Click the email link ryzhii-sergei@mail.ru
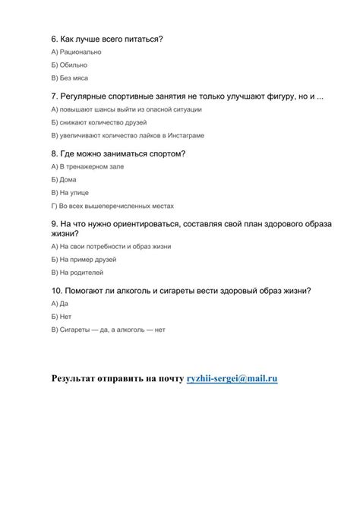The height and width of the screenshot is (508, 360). tap(232, 377)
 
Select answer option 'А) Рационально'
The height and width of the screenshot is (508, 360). tap(76, 52)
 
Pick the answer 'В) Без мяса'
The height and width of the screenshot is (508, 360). tap(70, 78)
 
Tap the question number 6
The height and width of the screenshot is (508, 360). tap(54, 38)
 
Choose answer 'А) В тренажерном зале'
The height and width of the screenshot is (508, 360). tap(87, 166)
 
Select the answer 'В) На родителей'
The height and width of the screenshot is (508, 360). tap(77, 272)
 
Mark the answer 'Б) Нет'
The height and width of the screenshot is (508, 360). tap(62, 317)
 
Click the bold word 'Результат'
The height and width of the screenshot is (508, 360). tap(80, 377)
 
